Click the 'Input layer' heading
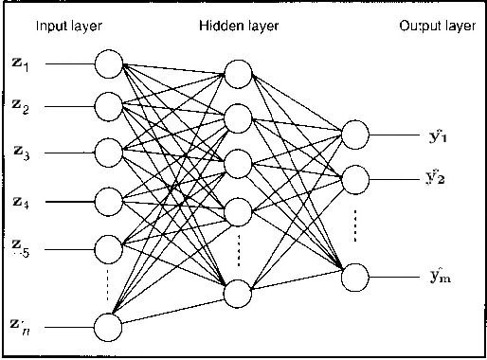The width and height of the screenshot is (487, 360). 68,26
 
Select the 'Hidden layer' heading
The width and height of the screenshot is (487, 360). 239,26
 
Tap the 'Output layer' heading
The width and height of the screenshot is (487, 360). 435,26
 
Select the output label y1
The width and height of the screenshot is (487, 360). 437,135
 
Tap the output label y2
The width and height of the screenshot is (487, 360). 437,177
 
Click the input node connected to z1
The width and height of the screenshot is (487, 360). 109,65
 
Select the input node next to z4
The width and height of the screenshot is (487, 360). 109,201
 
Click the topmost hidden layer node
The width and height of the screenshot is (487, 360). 238,73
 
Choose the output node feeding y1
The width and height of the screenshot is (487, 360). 354,134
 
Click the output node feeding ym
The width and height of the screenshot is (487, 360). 354,277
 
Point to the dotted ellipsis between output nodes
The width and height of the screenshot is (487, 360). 354,225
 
